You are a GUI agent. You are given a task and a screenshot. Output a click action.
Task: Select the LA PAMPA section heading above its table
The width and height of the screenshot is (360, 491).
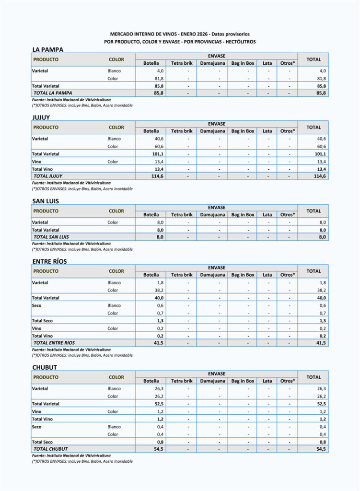(48, 49)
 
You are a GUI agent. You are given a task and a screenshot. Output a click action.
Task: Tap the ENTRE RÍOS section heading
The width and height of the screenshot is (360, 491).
(49, 261)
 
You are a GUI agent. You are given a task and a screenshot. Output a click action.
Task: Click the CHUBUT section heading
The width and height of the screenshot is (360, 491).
(45, 367)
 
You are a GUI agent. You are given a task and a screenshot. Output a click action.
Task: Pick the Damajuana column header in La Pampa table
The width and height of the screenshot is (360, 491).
(212, 63)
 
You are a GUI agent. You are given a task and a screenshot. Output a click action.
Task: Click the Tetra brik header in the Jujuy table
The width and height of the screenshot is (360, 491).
(182, 131)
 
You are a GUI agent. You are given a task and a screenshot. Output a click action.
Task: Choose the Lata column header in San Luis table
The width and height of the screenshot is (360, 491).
(267, 214)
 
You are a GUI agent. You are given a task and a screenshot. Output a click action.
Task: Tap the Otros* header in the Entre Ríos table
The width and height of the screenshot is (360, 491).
(288, 275)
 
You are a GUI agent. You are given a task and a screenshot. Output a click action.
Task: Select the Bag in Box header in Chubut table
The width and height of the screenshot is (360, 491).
(243, 381)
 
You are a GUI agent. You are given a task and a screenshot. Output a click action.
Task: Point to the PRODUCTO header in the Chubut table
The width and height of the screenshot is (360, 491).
(46, 377)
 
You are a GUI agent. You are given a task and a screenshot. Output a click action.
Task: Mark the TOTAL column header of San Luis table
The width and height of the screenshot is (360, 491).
(314, 211)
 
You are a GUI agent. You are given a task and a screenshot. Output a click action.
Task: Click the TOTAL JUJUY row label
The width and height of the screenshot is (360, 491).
(48, 176)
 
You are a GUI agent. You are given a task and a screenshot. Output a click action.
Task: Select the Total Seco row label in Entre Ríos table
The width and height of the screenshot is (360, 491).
(42, 320)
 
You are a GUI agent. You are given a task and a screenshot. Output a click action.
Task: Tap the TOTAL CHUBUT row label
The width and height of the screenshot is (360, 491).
(50, 449)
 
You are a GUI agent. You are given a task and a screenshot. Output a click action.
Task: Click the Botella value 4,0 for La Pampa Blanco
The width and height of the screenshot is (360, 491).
(160, 71)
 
